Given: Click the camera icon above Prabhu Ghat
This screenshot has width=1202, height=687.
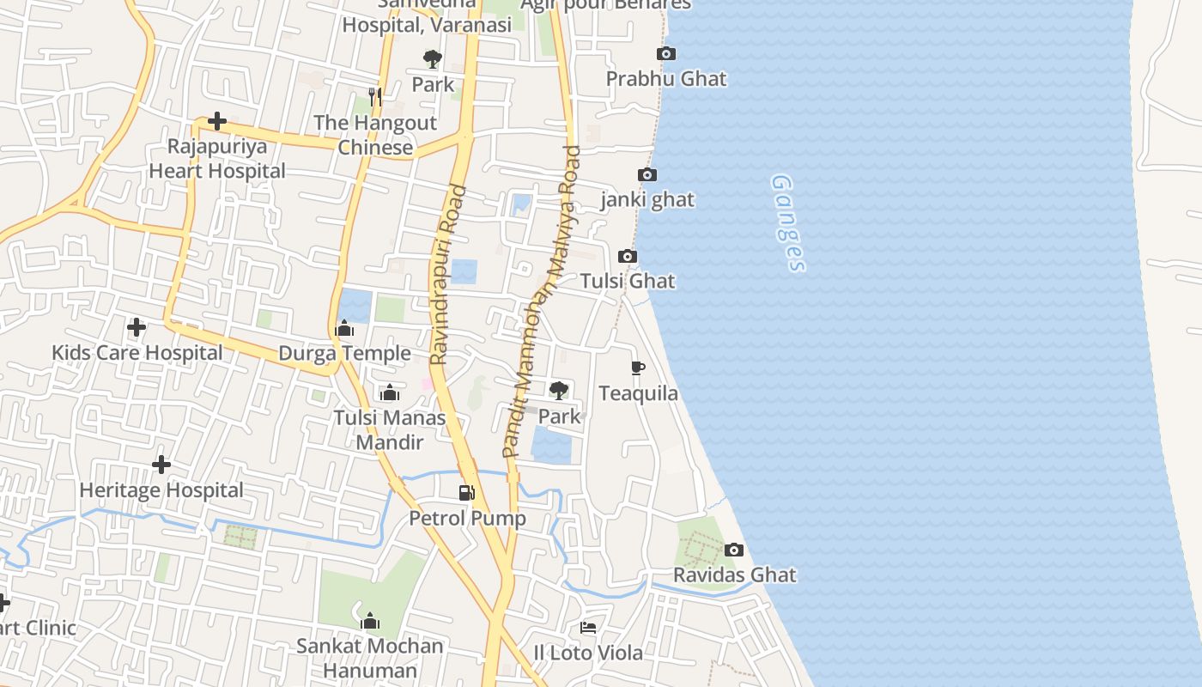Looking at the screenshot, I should (x=665, y=54).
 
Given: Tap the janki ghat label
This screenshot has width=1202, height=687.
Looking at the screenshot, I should (x=647, y=200).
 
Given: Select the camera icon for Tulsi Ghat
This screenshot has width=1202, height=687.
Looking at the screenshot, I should (x=628, y=257).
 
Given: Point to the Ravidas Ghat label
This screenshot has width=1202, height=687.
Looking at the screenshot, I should (x=734, y=575).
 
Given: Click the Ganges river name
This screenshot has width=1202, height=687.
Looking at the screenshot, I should (x=788, y=222).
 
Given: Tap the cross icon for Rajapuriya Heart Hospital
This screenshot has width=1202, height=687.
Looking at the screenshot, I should (x=217, y=121).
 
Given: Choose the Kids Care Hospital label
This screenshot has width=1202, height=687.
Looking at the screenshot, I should (x=137, y=353).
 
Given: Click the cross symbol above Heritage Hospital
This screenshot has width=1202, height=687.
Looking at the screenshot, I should (x=161, y=465).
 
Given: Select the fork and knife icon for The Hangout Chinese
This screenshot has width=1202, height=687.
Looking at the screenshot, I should (x=374, y=96).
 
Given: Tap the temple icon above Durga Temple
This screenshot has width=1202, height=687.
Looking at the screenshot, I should (x=344, y=329).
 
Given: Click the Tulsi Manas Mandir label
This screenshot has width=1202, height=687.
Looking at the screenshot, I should (x=390, y=430).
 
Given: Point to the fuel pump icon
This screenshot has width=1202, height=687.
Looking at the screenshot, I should (x=467, y=492).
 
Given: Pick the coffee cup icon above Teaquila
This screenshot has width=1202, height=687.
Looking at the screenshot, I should (x=638, y=368).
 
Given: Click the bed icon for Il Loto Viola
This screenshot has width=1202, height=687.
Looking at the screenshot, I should (x=588, y=628).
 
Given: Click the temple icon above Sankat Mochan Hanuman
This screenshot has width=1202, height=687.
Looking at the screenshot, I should (x=370, y=621).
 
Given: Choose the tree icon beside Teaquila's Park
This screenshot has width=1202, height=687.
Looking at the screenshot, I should (x=559, y=391).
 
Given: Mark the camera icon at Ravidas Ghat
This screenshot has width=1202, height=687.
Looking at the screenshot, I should (x=734, y=550).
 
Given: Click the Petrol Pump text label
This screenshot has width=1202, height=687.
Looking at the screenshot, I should (x=467, y=519).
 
